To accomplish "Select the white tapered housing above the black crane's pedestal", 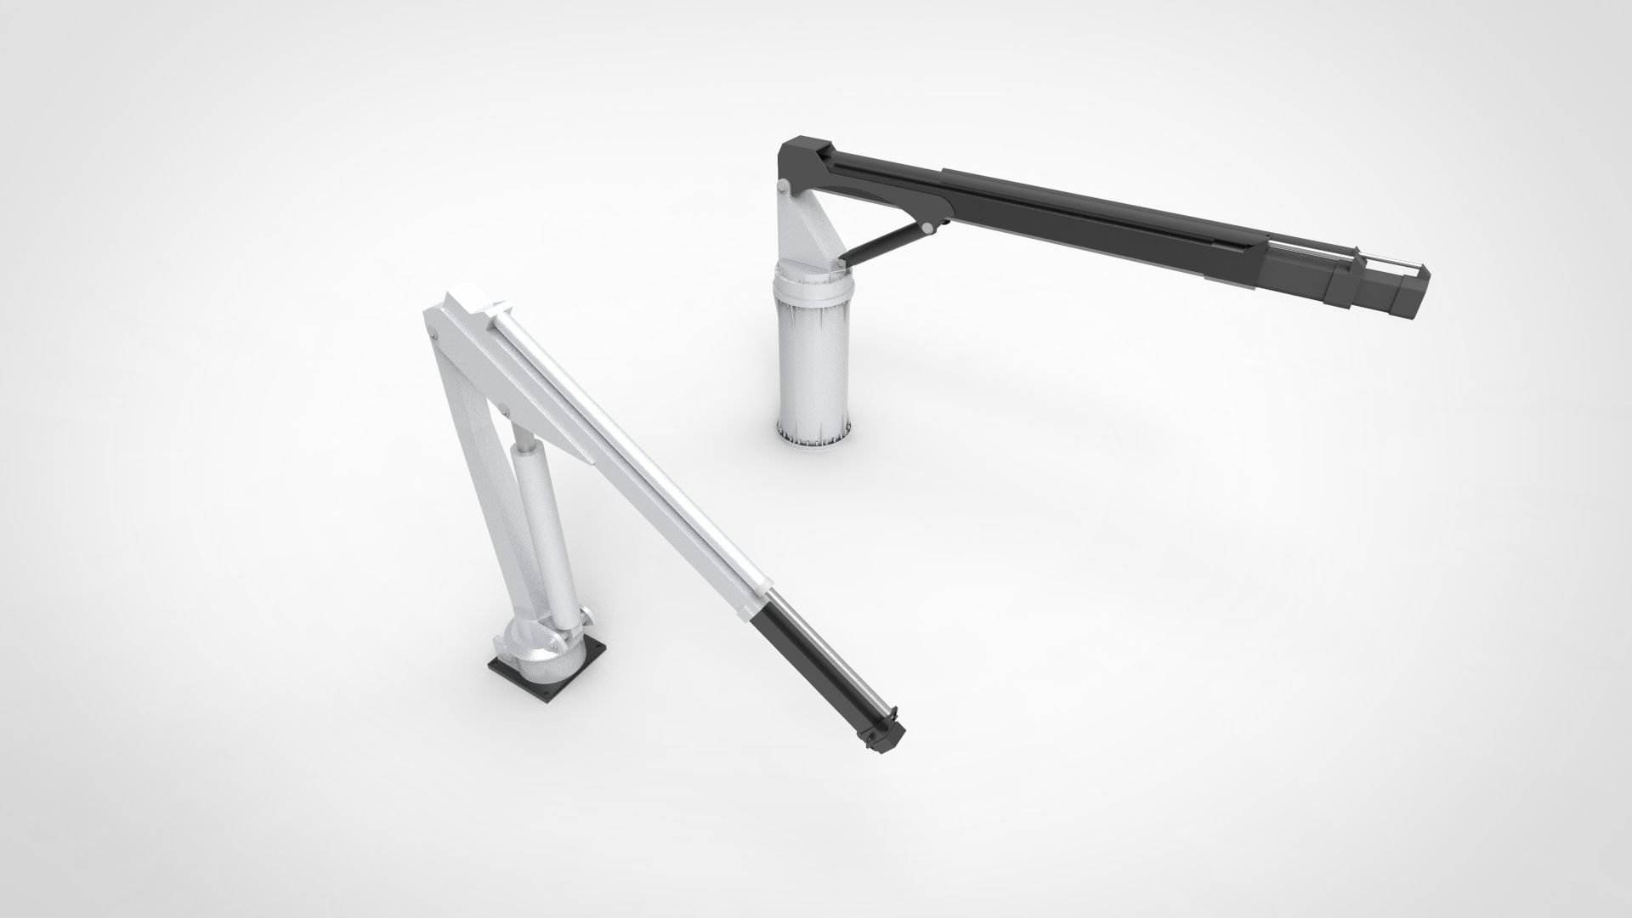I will point(804,229).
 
